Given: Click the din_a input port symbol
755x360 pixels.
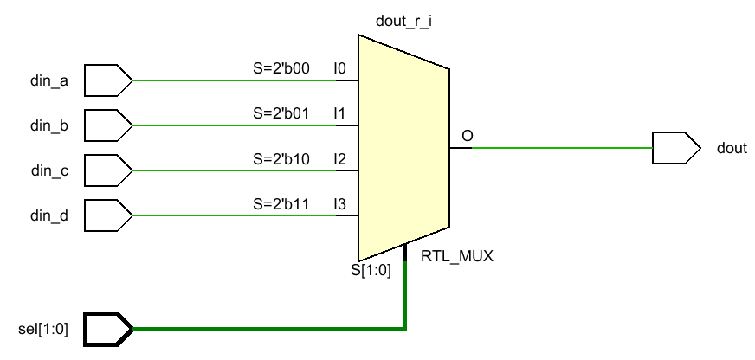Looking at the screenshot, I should tap(108, 80).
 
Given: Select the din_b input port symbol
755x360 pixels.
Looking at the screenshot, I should tap(108, 125).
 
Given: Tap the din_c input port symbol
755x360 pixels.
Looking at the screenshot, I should tap(108, 170).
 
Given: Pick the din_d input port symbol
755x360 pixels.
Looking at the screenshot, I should tap(108, 215).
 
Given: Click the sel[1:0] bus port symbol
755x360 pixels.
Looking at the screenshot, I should tap(108, 329).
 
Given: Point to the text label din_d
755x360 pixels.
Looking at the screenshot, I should tap(49, 215).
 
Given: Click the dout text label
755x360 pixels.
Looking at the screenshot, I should tap(732, 149).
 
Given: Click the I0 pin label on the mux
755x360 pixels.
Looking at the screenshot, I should tap(340, 67).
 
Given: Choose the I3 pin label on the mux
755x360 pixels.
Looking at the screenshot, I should tap(340, 204).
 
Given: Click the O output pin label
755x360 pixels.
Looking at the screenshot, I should tap(468, 136).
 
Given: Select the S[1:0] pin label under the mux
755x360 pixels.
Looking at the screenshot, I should tap(371, 270).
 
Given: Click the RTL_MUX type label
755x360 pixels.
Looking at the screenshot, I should tap(456, 256).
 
